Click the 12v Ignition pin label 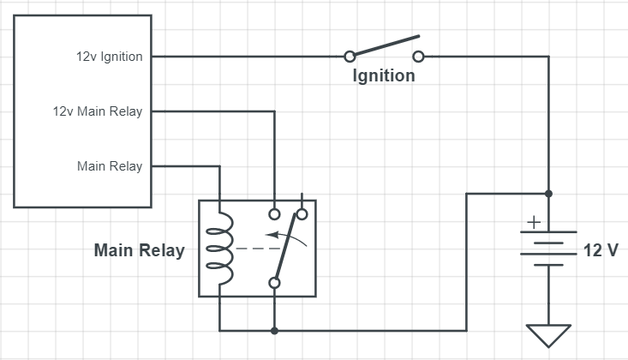click(110, 57)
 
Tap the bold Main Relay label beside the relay click(139, 251)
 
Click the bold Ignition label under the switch click(384, 75)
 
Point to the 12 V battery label click(600, 251)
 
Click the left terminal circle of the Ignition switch click(350, 57)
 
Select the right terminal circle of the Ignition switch click(418, 57)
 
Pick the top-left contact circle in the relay click(275, 213)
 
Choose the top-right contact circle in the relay click(302, 213)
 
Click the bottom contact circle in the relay click(275, 283)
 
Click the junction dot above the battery click(548, 194)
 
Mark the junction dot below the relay click(275, 330)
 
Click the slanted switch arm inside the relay click(290, 246)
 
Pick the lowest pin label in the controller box click(110, 166)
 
